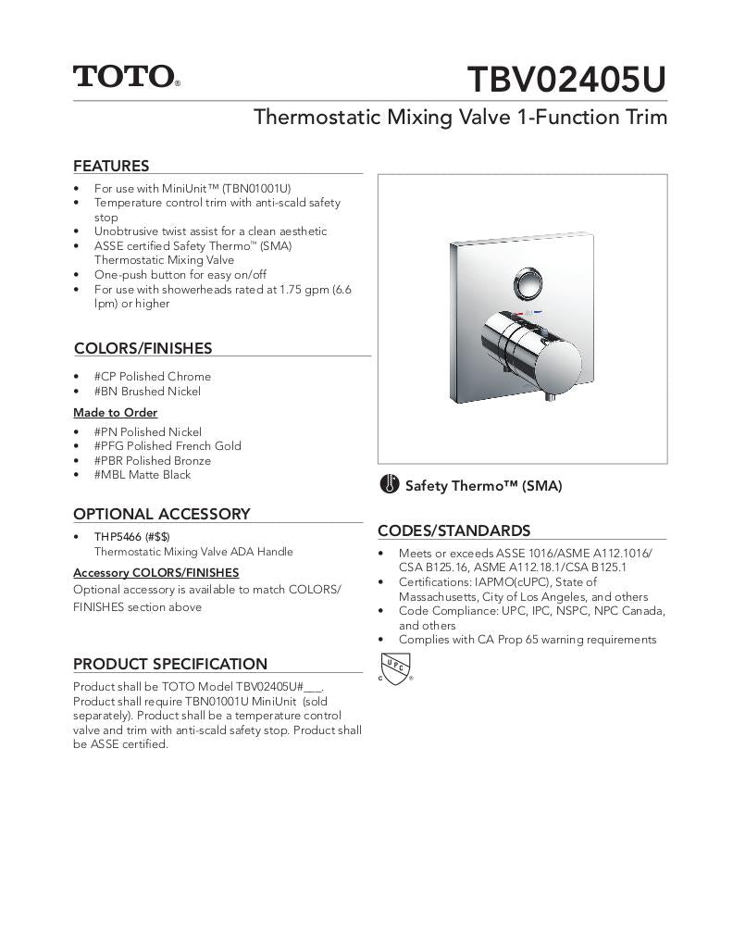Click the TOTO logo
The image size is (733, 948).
click(126, 76)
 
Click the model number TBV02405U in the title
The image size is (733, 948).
click(565, 80)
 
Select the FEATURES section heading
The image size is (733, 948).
click(111, 167)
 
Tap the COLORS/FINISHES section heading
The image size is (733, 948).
click(143, 349)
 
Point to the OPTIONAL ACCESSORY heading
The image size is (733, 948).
click(161, 515)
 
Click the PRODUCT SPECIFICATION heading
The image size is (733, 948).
click(169, 664)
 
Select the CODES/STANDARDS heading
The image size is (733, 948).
click(453, 531)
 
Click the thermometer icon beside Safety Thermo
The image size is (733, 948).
click(390, 484)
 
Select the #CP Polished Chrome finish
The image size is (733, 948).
click(152, 377)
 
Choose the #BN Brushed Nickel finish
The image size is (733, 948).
click(147, 392)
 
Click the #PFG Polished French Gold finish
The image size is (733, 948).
click(167, 446)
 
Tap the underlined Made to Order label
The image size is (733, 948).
click(115, 413)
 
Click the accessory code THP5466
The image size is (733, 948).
click(117, 537)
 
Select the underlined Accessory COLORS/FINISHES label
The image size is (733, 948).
click(155, 573)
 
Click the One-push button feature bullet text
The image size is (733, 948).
click(180, 275)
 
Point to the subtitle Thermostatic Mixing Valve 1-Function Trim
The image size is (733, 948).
click(460, 118)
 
